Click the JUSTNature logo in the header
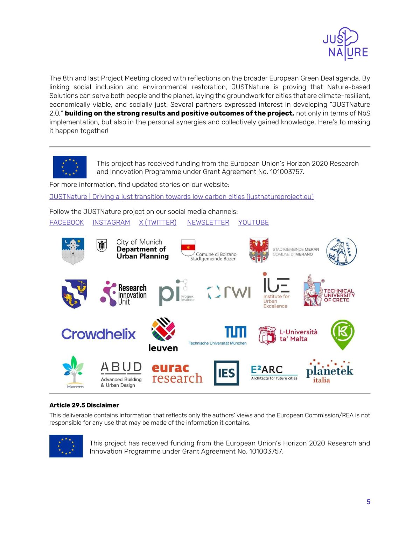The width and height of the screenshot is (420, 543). click(345, 44)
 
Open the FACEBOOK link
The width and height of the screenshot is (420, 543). click(66, 223)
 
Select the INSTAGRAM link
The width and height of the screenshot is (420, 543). click(111, 223)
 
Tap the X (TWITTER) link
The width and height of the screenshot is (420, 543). click(157, 223)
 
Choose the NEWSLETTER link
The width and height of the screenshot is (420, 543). click(208, 223)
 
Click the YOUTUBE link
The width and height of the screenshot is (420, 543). click(253, 223)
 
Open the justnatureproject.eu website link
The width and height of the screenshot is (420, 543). click(181, 197)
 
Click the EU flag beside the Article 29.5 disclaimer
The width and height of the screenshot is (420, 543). click(66, 446)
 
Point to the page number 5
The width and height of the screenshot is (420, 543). click(368, 502)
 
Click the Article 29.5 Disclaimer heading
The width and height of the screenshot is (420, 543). click(84, 405)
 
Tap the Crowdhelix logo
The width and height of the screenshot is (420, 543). click(98, 334)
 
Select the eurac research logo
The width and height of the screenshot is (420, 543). click(177, 373)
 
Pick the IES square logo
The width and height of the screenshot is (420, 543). click(226, 373)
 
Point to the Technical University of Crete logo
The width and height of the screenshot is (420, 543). click(329, 291)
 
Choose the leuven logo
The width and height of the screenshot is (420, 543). click(163, 335)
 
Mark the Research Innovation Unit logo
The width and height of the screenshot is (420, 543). click(124, 293)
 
